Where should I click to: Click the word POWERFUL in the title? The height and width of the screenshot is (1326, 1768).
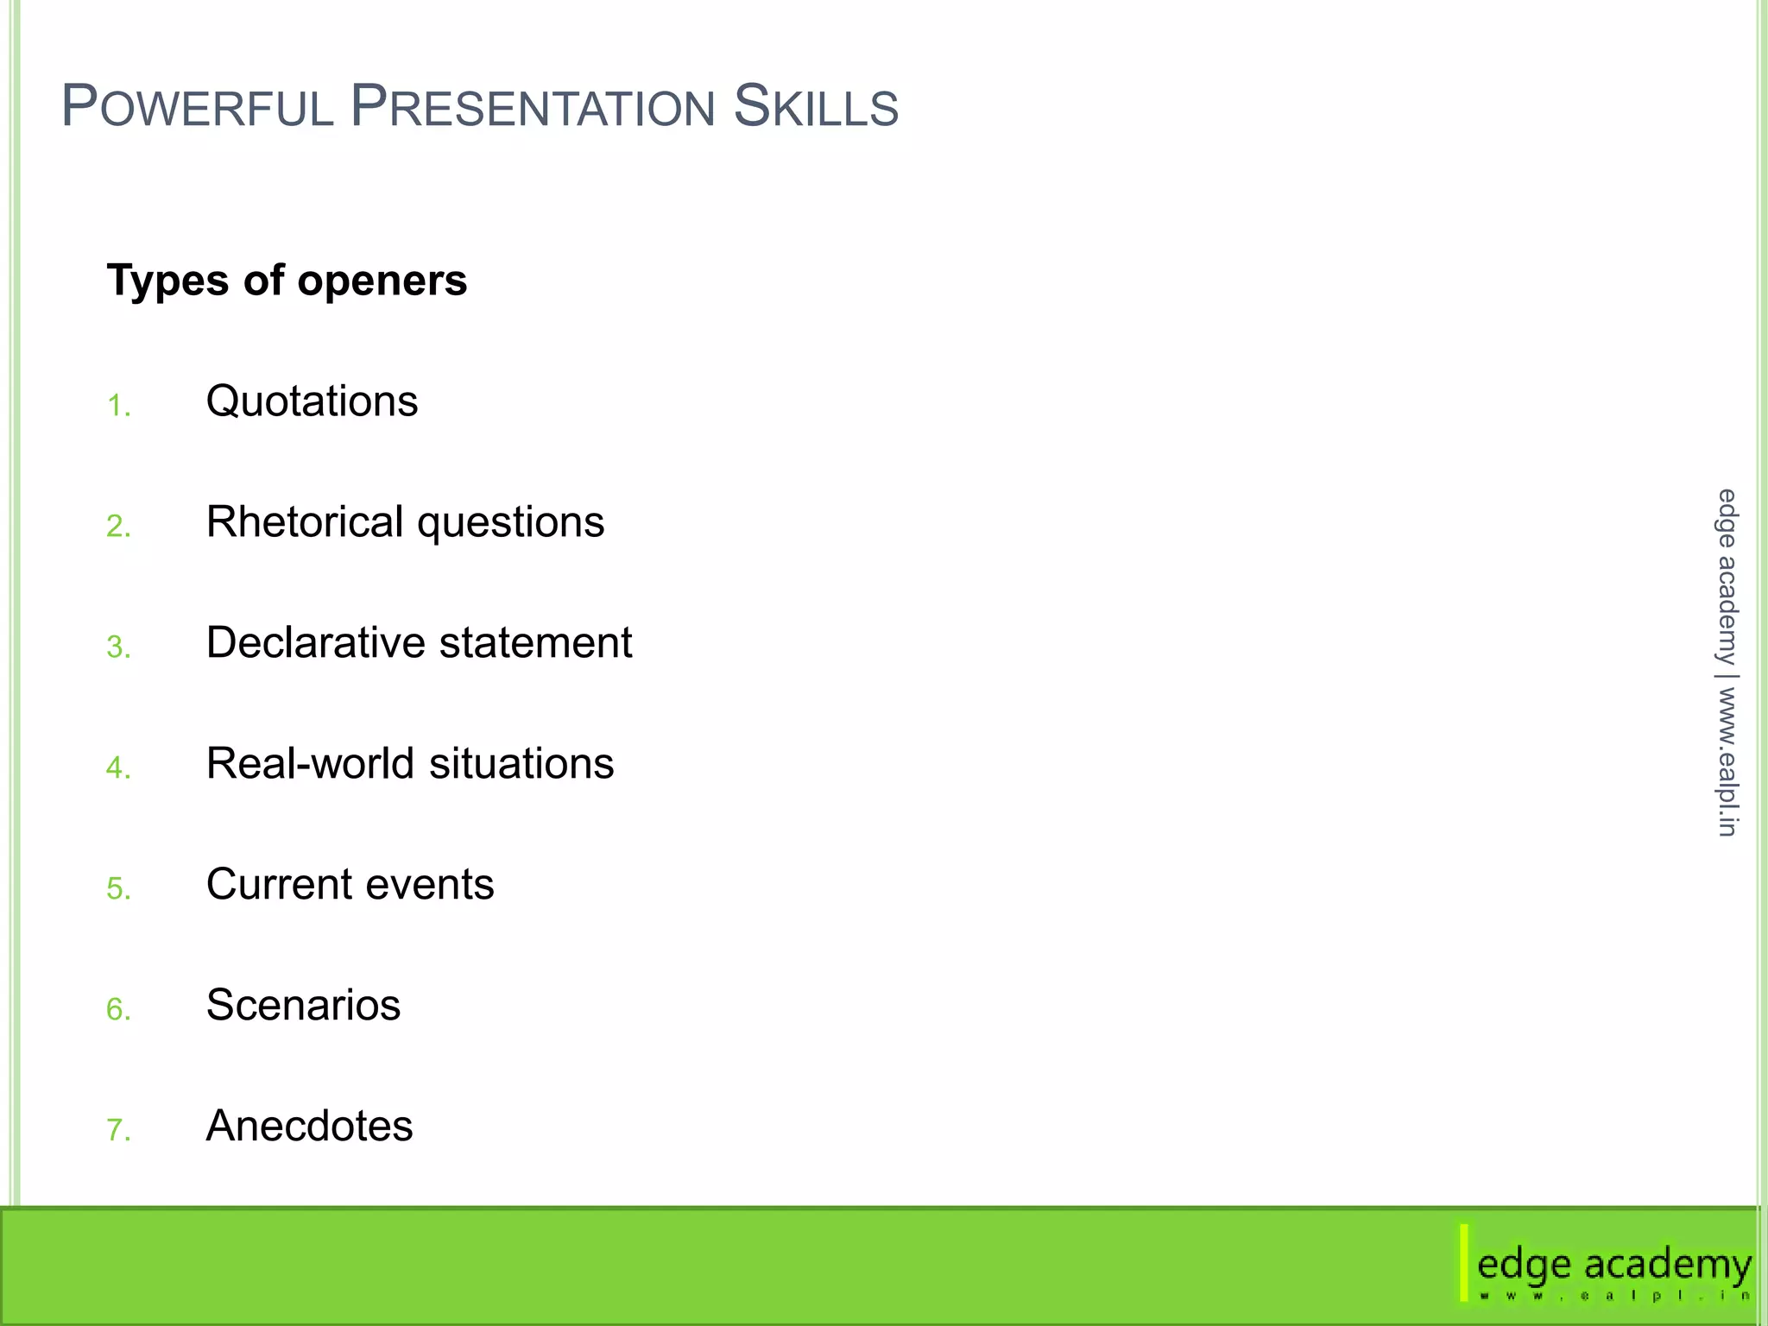point(197,107)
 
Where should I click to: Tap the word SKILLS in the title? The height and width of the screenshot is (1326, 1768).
point(816,107)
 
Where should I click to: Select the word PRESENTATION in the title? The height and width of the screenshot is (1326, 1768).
point(533,107)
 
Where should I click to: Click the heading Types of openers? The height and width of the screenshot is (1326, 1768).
point(287,281)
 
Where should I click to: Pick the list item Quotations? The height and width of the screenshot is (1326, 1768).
point(312,401)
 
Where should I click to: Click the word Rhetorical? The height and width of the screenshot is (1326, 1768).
point(305,522)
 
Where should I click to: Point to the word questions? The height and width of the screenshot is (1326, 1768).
point(510,524)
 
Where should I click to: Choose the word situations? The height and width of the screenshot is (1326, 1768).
point(521,764)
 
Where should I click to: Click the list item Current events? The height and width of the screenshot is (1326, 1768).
point(350,885)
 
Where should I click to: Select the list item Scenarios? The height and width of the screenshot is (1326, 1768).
point(303,1006)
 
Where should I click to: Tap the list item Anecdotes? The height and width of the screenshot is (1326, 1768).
point(309,1127)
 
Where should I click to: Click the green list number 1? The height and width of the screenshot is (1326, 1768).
point(118,406)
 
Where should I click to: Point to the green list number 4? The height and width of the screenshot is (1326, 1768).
point(118,768)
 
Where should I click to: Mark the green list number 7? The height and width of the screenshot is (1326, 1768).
point(118,1130)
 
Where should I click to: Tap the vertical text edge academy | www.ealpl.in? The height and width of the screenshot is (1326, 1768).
point(1726,662)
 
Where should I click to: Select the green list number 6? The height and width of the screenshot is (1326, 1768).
point(118,1009)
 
